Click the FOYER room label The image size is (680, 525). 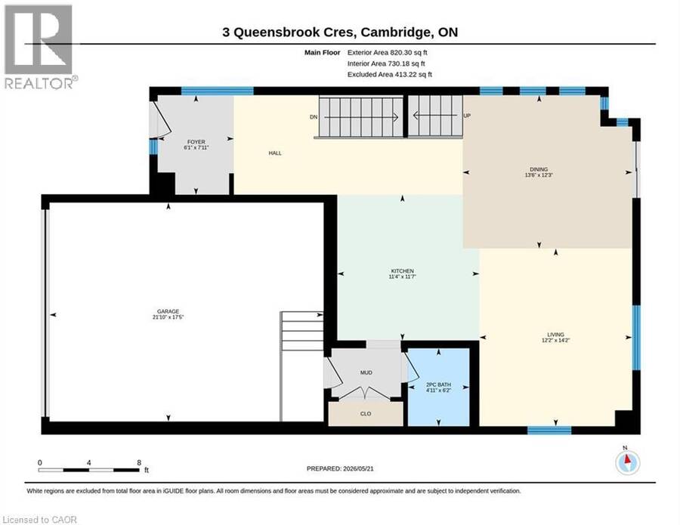[x=196, y=142]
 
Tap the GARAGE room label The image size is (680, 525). [x=168, y=311]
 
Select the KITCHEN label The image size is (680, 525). [x=403, y=271]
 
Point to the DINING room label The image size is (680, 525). [x=539, y=169]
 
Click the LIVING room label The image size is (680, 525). [x=555, y=335]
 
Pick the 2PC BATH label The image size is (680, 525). [x=438, y=384]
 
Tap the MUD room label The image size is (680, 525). [x=366, y=372]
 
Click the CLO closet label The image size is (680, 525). [x=366, y=414]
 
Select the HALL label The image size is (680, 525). [x=275, y=153]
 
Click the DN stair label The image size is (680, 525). [x=314, y=117]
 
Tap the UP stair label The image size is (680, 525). [x=467, y=116]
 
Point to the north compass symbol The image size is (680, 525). [x=627, y=462]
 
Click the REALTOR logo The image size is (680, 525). [x=40, y=47]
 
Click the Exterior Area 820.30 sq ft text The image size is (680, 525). [x=388, y=52]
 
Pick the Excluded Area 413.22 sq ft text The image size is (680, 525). [x=389, y=74]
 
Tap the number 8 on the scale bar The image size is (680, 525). [x=139, y=462]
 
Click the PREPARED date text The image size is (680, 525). [x=340, y=468]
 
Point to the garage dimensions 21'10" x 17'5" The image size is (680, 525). [x=168, y=317]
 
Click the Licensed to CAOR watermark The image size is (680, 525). [x=39, y=520]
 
